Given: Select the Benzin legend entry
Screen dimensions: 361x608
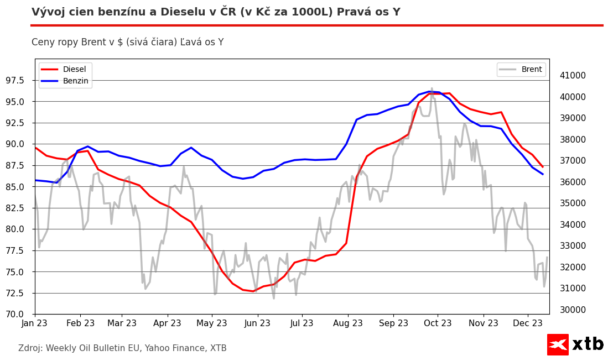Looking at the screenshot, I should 75,81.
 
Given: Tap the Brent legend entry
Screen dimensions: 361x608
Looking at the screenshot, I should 531,70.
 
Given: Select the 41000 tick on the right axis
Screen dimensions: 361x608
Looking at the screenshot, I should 573,76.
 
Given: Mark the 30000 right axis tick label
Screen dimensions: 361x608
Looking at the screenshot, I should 573,310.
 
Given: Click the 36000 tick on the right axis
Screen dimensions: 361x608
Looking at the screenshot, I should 573,182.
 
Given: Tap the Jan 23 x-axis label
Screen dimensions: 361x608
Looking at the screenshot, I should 35,323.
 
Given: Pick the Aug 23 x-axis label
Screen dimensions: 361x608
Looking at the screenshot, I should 348,323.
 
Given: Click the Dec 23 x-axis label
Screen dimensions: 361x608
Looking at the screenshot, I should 527,323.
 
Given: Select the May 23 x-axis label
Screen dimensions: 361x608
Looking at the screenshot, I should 212,323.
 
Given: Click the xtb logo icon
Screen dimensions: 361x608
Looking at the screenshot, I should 558,344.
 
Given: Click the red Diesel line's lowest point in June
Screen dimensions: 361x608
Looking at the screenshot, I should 253,291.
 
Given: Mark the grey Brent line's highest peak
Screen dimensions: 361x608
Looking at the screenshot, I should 432,88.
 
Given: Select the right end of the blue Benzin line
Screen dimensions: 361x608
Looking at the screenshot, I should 543,174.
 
